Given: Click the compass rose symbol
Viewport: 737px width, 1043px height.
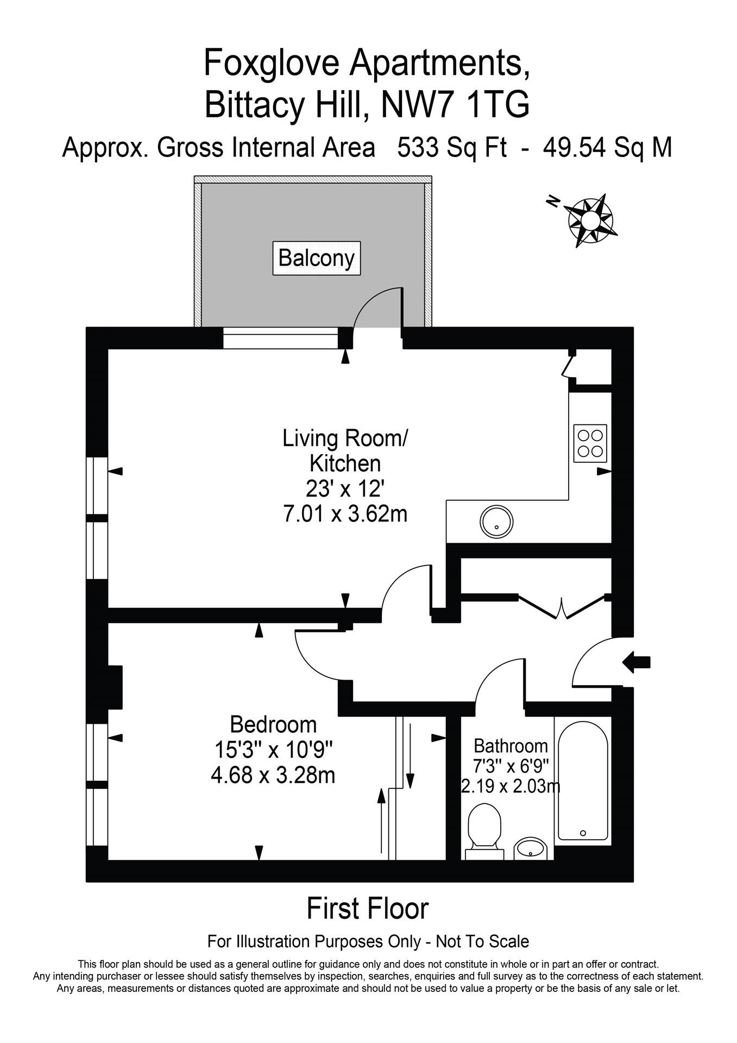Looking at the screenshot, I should (591, 220).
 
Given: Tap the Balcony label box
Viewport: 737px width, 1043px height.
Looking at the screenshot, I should (316, 257).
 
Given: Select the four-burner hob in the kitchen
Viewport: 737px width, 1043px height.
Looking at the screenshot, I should (590, 443).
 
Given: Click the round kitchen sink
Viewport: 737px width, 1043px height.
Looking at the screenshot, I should (496, 521).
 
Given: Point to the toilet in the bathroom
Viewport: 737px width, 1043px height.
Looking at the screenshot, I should (484, 827).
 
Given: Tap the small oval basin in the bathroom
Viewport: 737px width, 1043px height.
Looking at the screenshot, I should (531, 847).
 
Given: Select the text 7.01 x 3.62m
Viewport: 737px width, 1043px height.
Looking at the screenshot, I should (345, 513).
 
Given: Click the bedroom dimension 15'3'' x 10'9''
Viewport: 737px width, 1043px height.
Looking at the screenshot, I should (273, 750).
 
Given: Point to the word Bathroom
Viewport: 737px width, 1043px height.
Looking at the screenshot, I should (511, 745).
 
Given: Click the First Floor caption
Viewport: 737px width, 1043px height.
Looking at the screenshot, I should (368, 909).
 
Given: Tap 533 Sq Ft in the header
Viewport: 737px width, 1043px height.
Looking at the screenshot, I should (452, 147).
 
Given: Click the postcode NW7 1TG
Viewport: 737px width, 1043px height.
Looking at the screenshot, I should (455, 105).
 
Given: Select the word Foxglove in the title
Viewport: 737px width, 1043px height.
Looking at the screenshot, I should (270, 62).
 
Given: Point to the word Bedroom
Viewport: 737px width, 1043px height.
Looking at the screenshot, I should (273, 725).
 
